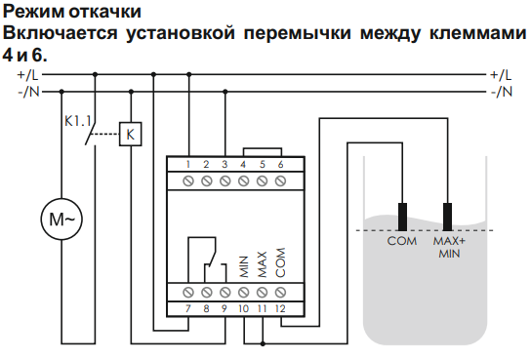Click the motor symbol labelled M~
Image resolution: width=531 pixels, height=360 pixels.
click(61, 219)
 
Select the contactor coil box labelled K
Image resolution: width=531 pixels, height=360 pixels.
click(131, 134)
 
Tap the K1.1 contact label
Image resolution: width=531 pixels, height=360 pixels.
click(77, 121)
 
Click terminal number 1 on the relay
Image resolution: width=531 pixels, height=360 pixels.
click(188, 165)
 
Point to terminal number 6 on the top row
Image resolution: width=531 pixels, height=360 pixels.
click(280, 165)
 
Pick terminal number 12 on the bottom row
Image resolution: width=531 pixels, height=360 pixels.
click(280, 308)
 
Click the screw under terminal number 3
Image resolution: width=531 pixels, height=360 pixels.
click(225, 181)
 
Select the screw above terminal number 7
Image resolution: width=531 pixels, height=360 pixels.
click(188, 292)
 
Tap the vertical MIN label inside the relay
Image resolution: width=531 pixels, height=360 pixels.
click(244, 266)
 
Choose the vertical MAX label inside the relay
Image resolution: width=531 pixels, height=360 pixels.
click(263, 264)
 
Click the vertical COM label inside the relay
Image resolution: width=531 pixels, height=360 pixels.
click(280, 262)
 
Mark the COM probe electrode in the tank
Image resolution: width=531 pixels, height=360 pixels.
click(402, 217)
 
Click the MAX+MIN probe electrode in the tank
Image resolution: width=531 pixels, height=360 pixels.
click(447, 217)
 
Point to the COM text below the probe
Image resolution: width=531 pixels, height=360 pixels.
click(402, 241)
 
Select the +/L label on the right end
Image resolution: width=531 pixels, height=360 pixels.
click(501, 75)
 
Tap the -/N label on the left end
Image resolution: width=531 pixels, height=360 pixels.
click(28, 92)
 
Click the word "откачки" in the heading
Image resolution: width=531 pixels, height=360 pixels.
click(105, 12)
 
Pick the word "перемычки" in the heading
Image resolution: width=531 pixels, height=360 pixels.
click(298, 33)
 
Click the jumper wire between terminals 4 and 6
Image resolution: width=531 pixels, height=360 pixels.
click(263, 148)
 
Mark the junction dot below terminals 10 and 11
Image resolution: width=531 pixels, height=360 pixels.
click(263, 343)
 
